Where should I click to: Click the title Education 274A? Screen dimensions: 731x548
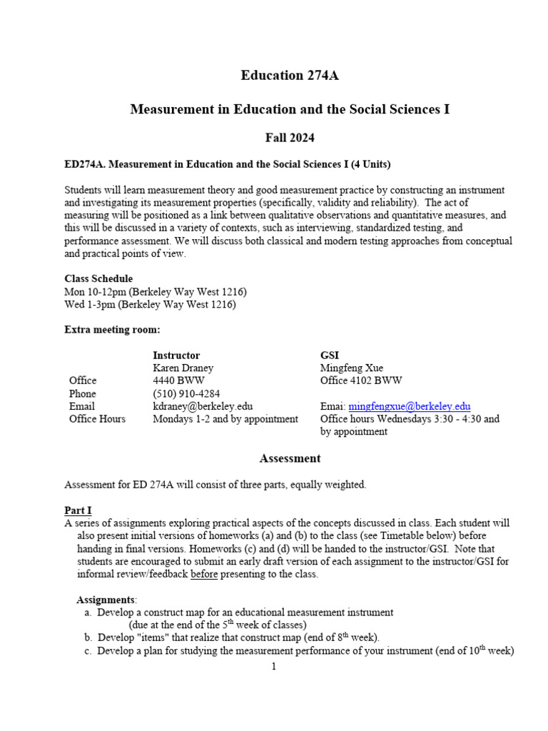point(289,76)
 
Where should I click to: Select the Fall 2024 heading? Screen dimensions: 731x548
point(289,138)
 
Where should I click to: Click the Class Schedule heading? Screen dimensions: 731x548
point(98,278)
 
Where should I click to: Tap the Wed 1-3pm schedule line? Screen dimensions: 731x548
point(150,305)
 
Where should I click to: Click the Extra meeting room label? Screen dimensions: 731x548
point(112,330)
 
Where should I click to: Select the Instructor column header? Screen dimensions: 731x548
point(176,355)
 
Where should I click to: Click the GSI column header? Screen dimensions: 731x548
point(330,355)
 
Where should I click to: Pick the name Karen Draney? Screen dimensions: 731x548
point(183,368)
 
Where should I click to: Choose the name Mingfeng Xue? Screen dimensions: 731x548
point(352,368)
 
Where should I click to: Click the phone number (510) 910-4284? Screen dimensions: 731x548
point(186,393)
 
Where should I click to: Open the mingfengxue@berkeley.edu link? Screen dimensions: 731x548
point(410,406)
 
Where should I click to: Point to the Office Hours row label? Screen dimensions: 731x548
point(97,419)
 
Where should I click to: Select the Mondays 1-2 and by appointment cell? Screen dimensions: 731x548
point(225,419)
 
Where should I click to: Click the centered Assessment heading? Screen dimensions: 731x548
point(290,458)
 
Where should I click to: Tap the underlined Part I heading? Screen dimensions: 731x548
point(78,510)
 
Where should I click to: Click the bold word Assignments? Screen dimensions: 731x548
point(106,599)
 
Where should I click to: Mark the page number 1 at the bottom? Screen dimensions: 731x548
point(273,667)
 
